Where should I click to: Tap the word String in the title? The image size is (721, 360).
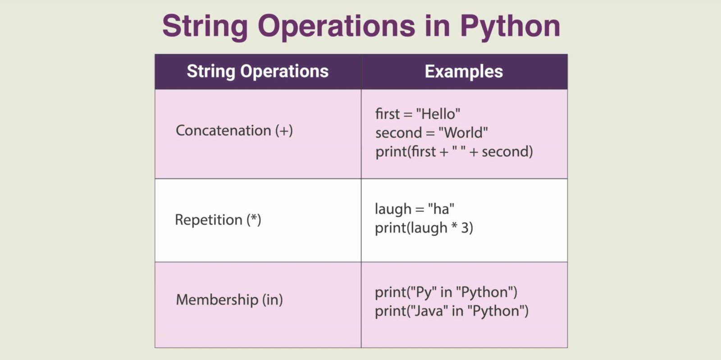(x=205, y=26)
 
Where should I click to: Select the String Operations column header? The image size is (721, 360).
(x=258, y=72)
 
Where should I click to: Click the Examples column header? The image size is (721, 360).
(x=464, y=72)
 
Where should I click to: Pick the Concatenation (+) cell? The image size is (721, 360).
(x=234, y=131)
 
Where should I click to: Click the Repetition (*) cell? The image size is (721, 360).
(x=218, y=220)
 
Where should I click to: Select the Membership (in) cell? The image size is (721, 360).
(x=229, y=300)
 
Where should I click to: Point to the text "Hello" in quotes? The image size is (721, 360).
(x=438, y=114)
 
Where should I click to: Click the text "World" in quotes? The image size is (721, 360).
(x=463, y=133)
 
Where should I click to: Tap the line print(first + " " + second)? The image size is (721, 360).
(x=454, y=152)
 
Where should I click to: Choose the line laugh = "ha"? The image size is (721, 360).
(x=414, y=209)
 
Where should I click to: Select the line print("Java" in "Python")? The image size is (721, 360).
(x=452, y=311)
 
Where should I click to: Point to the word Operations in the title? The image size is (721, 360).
(x=336, y=26)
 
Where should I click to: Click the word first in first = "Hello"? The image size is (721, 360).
(x=388, y=114)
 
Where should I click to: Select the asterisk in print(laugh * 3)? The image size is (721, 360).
(x=454, y=227)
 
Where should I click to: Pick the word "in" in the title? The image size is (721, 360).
(x=437, y=26)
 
